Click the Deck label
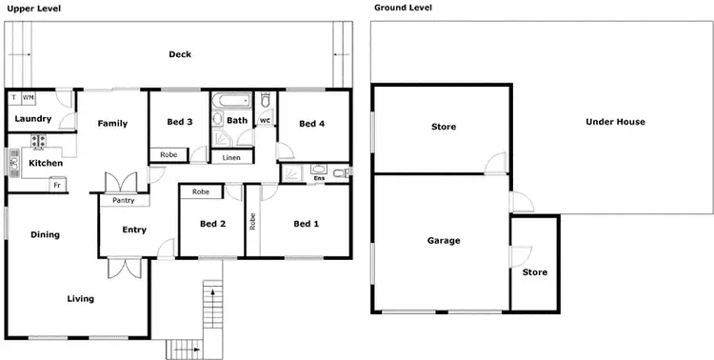[180, 54]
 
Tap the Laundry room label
[33, 119]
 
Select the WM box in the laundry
[29, 97]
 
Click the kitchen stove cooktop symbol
[40, 142]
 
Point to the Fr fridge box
[57, 184]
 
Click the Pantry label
[123, 201]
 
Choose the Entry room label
[134, 230]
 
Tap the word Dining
[45, 234]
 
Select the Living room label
[80, 299]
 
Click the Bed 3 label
[180, 123]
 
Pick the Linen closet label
[231, 157]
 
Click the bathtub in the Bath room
[231, 99]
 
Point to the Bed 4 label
[311, 124]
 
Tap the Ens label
[319, 178]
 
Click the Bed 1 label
[305, 224]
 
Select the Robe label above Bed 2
[201, 192]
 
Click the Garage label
[444, 241]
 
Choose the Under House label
[615, 122]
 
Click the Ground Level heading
[404, 8]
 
